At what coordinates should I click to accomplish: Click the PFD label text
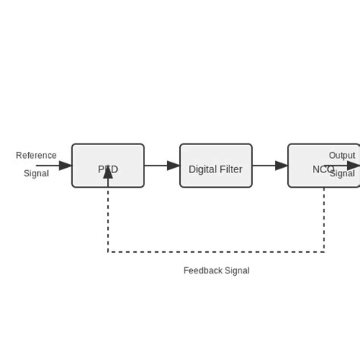[108, 169]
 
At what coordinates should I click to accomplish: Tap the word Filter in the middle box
[230, 169]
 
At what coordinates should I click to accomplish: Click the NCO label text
[323, 169]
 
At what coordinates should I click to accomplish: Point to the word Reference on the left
[36, 156]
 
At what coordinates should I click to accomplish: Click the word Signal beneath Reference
[36, 174]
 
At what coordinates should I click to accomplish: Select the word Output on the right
[342, 156]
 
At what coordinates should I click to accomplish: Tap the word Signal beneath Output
[343, 174]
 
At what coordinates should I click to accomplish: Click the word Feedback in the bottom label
[203, 270]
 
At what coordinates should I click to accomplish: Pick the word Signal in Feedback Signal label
[237, 270]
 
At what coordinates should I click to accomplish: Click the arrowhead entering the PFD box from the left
[65, 166]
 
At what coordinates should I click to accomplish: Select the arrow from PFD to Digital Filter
[162, 166]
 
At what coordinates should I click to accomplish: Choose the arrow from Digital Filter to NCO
[270, 166]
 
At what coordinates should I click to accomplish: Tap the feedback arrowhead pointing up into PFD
[108, 172]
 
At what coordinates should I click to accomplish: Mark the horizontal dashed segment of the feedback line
[216, 252]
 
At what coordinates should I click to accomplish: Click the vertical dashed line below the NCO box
[324, 220]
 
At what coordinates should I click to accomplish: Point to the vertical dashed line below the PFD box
[108, 220]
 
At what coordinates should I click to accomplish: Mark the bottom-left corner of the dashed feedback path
[108, 252]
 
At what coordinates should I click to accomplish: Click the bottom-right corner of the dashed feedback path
[324, 252]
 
